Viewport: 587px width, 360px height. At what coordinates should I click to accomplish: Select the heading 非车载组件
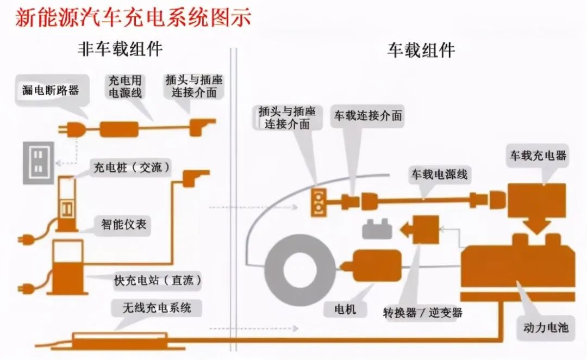tap(121, 50)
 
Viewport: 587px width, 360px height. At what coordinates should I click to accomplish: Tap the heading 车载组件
tap(421, 50)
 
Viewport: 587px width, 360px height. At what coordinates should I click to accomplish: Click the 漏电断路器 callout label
tap(51, 90)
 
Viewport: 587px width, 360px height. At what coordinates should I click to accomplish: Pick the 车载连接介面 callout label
tap(368, 116)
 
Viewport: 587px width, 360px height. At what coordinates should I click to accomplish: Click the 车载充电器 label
tap(538, 156)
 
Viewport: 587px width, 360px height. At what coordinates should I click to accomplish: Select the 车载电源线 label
tap(439, 175)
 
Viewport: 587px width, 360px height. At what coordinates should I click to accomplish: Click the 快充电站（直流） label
tap(158, 281)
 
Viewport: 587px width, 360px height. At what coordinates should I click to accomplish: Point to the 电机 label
tap(347, 309)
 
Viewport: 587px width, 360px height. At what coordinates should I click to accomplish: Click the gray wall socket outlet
tap(38, 163)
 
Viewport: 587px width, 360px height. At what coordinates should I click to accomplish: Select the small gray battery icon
tap(377, 229)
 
